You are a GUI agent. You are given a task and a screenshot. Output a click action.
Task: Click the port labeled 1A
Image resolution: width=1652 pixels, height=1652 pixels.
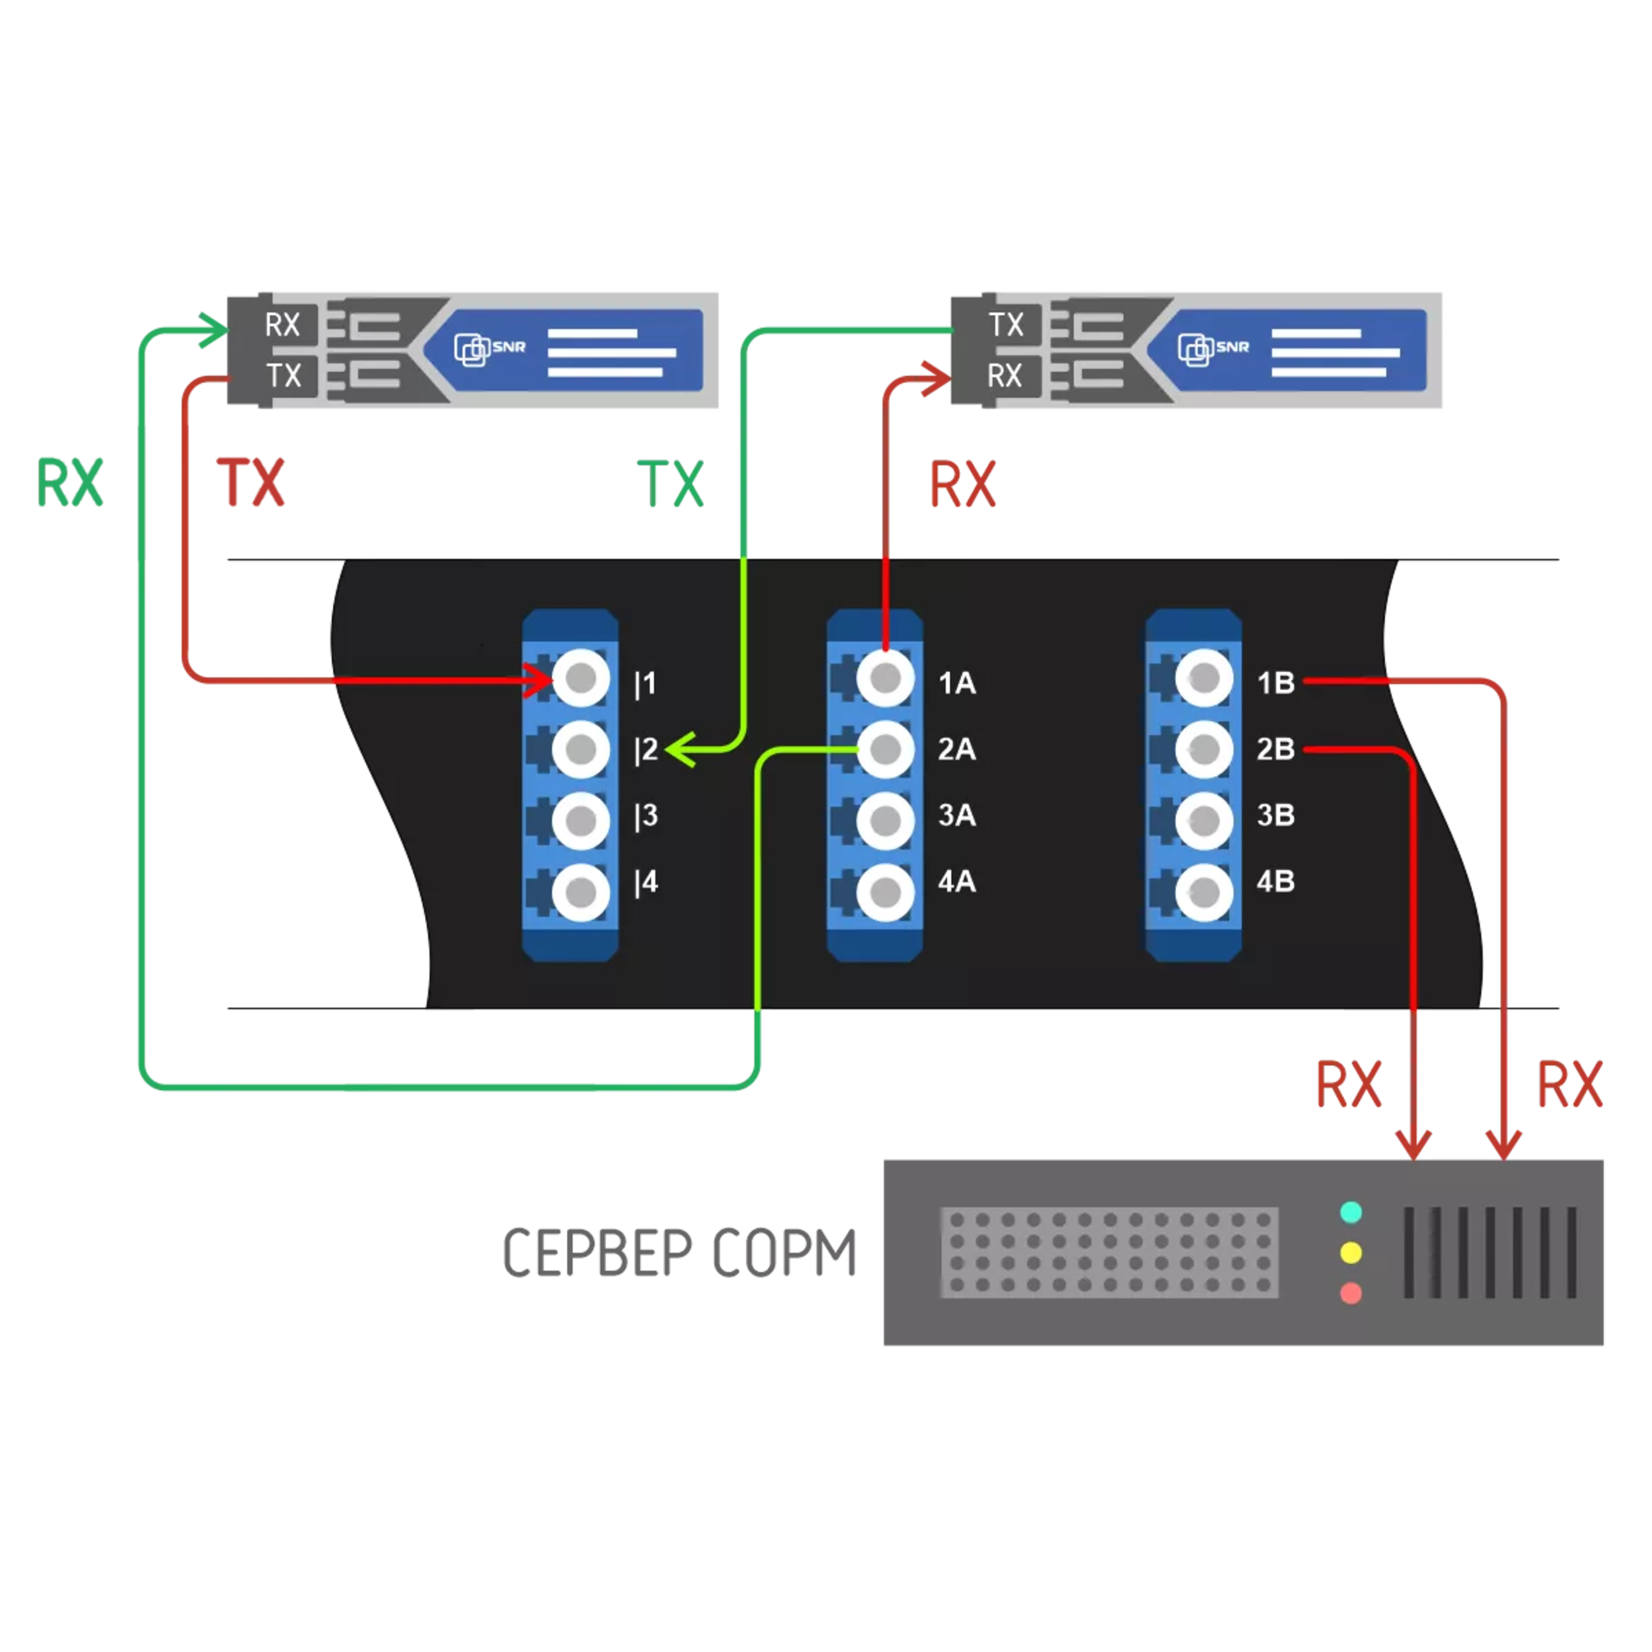tap(885, 679)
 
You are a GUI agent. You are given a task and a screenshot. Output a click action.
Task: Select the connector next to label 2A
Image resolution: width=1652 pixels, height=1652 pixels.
tap(885, 749)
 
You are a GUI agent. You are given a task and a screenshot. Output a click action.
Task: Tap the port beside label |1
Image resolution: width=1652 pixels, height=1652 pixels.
tap(581, 679)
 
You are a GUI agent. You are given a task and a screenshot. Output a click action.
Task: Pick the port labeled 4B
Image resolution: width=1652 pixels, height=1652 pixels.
tap(1203, 892)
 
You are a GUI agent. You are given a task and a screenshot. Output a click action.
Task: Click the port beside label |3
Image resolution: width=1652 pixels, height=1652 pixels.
tap(581, 821)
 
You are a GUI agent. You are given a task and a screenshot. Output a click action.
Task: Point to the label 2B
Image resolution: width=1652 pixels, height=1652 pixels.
tap(1275, 749)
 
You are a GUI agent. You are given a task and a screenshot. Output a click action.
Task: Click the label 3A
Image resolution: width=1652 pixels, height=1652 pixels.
tap(957, 815)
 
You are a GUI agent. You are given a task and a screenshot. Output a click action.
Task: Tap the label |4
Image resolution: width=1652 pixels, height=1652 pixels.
tap(646, 882)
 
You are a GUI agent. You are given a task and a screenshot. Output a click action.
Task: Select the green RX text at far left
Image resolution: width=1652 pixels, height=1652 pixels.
tap(70, 484)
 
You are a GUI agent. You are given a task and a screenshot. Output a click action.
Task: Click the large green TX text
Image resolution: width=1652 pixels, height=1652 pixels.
tap(670, 484)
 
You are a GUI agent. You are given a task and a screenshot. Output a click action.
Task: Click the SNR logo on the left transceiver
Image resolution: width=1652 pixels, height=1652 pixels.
tap(489, 348)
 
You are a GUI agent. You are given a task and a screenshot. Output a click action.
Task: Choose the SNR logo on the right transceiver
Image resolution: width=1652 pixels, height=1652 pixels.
tap(1212, 348)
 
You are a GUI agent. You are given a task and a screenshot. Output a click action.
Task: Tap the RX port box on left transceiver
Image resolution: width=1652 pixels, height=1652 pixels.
tap(282, 325)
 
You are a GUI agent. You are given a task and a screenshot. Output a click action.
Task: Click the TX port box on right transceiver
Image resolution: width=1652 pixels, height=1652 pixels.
tap(1006, 325)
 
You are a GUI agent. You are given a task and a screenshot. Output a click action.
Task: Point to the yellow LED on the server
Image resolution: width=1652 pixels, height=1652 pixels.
tap(1351, 1253)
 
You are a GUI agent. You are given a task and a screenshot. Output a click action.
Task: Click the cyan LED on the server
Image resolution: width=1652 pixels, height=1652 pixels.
tap(1351, 1212)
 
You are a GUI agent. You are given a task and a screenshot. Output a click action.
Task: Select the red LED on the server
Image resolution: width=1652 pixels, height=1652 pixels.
tap(1351, 1293)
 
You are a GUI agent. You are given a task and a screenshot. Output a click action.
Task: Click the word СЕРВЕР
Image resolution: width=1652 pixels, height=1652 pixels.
tap(597, 1253)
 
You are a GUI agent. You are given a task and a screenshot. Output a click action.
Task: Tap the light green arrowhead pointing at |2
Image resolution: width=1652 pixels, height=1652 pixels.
tap(677, 750)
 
